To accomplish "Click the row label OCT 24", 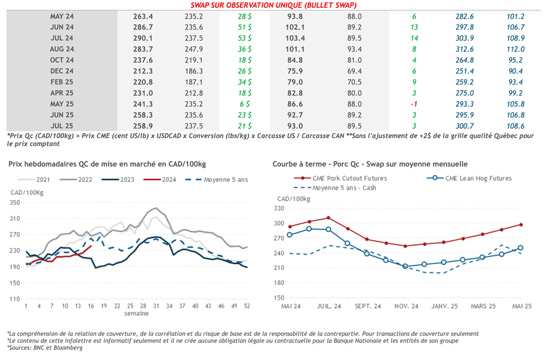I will [x=62, y=60].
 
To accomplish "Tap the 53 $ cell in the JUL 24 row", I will [x=246, y=38].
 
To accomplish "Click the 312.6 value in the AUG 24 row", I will [x=464, y=49].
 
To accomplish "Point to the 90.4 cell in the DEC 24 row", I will [x=515, y=71].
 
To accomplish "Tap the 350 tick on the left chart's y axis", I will [x=14, y=203].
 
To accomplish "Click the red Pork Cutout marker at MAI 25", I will [x=521, y=225].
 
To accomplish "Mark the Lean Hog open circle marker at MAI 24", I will [x=290, y=234].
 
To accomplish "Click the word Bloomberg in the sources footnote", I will [x=70, y=348].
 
